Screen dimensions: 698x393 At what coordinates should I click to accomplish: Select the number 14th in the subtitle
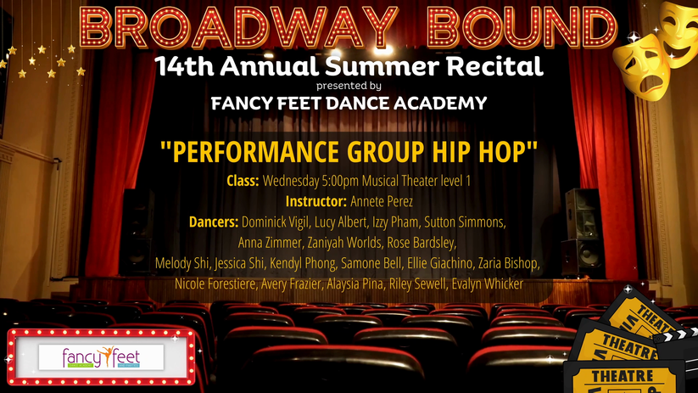point(184,66)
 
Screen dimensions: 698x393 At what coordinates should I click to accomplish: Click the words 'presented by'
point(349,86)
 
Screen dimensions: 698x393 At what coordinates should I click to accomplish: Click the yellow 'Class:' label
point(243,181)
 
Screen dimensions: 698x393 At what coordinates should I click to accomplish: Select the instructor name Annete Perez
point(382,201)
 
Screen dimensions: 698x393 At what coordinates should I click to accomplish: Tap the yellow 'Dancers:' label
point(214,222)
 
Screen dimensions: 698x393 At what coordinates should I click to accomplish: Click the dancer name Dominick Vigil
point(275,222)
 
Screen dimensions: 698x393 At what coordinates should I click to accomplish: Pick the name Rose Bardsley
point(422,243)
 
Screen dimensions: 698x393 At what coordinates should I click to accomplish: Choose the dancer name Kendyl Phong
point(303,263)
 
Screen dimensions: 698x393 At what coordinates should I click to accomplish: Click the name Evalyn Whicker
point(487,284)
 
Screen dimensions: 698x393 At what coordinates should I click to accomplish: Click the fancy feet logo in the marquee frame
point(101,357)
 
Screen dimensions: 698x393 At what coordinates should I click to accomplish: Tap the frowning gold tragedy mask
point(641,68)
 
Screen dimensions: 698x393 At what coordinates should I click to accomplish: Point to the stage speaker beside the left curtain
point(137,231)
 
